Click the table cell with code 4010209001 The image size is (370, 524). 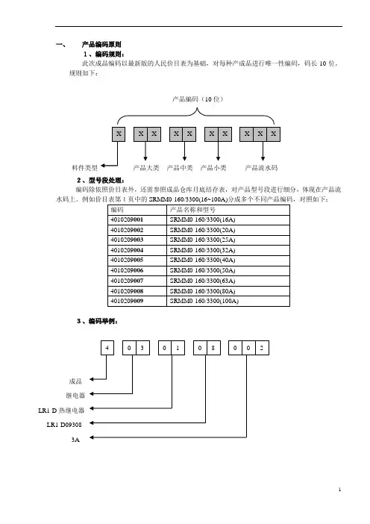pos(137,220)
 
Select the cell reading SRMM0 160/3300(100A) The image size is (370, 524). pos(228,301)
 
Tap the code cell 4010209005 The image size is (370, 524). pos(137,261)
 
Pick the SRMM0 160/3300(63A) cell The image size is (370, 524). pos(228,281)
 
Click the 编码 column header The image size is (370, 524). pos(137,210)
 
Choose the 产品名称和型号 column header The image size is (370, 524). pos(228,210)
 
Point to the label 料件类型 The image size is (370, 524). pos(85,168)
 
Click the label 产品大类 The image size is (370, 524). pos(146,168)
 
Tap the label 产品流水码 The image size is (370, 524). pos(261,168)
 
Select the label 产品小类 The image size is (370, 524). pos(213,168)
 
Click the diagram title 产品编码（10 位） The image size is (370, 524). pos(198,99)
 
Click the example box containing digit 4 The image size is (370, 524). pos(107,348)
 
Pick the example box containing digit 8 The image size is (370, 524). pos(213,348)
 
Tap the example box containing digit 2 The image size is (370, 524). pos(262,348)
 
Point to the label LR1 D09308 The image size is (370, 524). pos(64,425)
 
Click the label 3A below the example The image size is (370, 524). pos(75,440)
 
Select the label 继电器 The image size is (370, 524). pos(75,396)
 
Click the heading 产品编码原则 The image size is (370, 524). pos(101,45)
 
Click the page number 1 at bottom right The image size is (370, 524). pos(339,490)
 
